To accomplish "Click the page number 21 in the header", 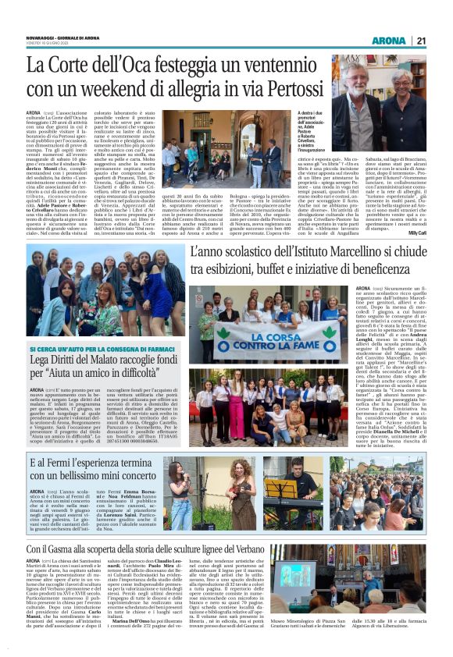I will pos(421,41).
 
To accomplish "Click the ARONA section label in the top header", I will pos(388,41).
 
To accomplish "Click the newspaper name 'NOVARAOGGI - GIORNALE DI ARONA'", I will pos(59,37).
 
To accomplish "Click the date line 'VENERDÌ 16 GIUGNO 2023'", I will pos(50,44).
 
